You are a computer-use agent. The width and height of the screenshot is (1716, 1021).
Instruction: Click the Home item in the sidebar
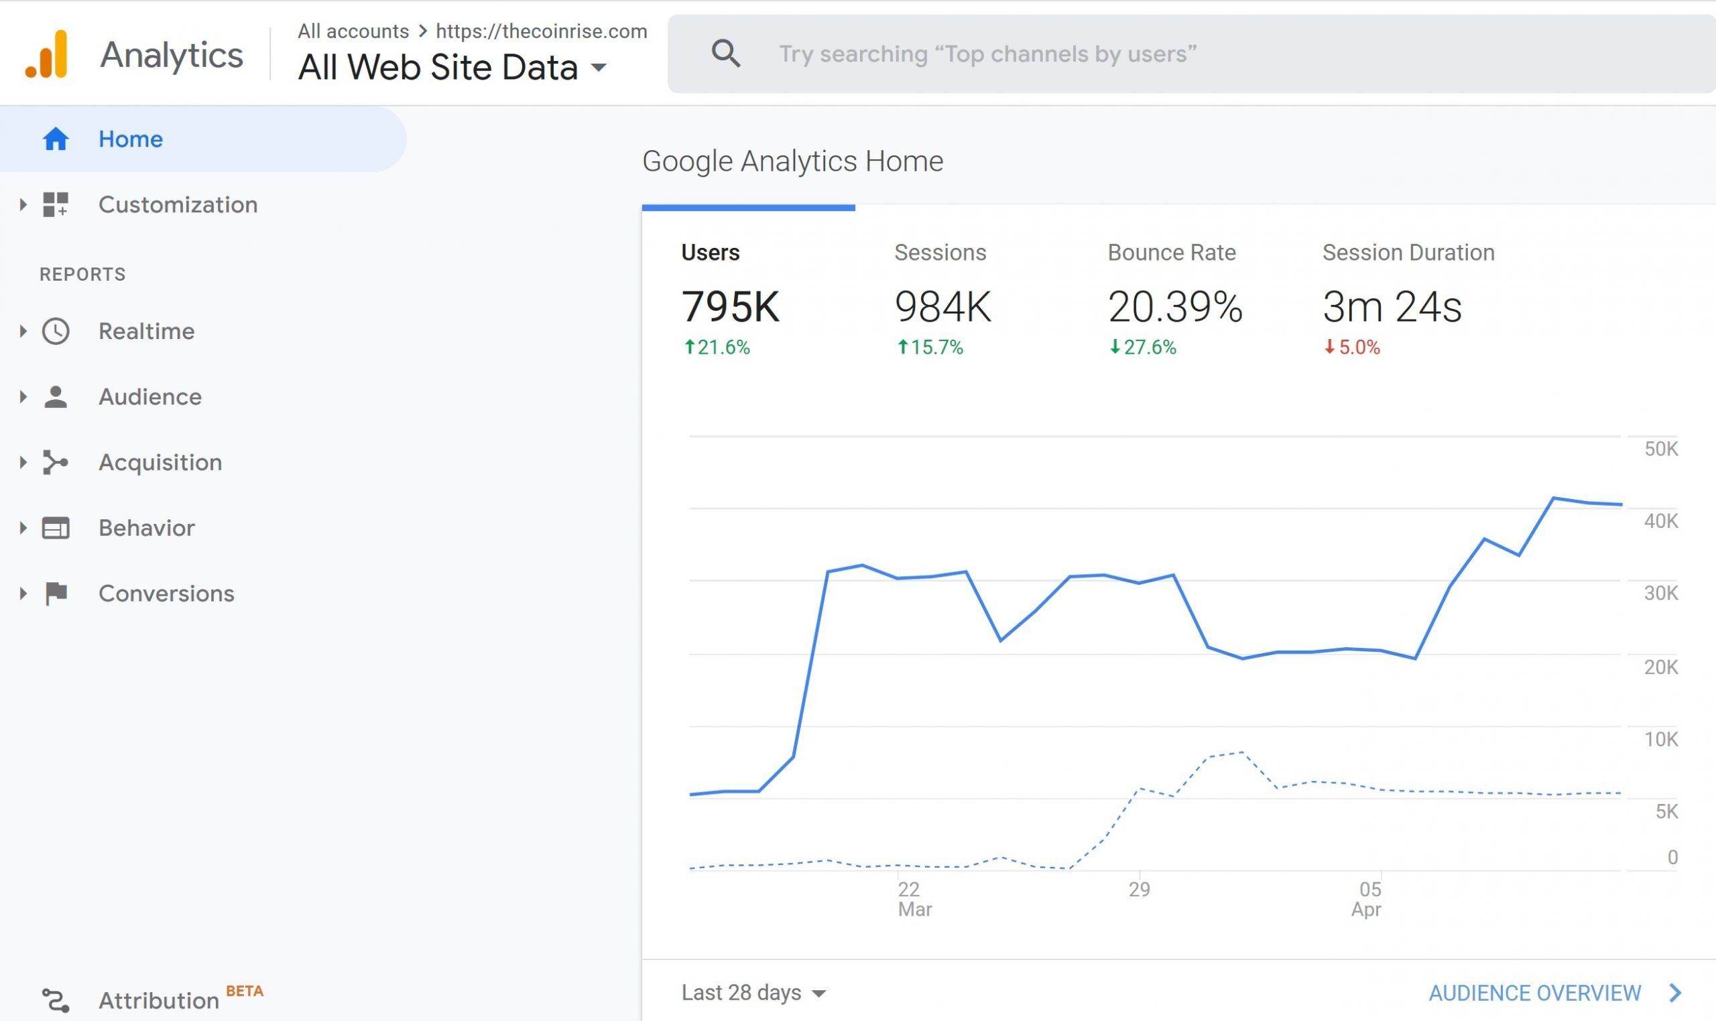[x=130, y=139]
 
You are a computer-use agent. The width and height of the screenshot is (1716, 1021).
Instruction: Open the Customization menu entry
[x=178, y=204]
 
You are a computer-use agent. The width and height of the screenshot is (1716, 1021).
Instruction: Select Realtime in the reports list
[x=146, y=331]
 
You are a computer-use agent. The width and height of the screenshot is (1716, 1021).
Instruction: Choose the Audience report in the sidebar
[x=149, y=397]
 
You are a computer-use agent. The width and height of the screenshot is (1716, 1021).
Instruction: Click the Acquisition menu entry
[x=160, y=462]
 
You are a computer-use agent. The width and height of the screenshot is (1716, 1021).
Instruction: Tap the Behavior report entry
[x=146, y=528]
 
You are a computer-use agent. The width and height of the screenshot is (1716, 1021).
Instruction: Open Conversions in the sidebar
[x=166, y=593]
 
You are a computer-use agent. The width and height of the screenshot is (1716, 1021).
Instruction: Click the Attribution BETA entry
[x=158, y=1000]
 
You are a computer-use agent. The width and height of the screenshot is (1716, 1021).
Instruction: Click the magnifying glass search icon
[x=725, y=54]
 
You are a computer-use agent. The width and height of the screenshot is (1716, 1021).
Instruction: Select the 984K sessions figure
[x=942, y=306]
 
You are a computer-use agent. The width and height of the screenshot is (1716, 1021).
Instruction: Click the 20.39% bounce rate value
[x=1174, y=306]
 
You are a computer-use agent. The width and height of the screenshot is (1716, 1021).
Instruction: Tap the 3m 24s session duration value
[x=1391, y=306]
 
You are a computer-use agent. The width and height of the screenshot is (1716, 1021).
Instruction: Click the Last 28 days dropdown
[x=753, y=992]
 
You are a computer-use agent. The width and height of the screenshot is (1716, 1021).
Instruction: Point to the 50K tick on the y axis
[x=1660, y=449]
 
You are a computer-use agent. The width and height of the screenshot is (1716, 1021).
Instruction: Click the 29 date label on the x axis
[x=1139, y=889]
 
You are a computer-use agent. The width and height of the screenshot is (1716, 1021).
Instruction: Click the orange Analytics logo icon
[x=47, y=54]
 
